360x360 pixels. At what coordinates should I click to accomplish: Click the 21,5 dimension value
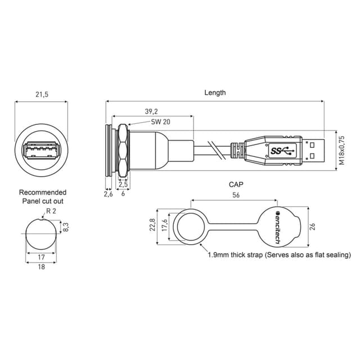click(42, 94)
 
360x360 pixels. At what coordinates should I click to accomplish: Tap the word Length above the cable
click(215, 93)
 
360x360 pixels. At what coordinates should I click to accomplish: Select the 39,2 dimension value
click(151, 111)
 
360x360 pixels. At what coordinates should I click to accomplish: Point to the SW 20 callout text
click(160, 121)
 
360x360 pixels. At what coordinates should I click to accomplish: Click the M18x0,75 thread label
click(342, 150)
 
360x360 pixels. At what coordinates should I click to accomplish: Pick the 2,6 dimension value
click(109, 194)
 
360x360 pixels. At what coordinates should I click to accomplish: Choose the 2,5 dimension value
click(123, 184)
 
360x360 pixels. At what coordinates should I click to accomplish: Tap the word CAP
click(236, 184)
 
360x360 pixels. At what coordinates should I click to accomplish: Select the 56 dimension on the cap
click(236, 195)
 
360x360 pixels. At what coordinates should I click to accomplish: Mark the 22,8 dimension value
click(152, 224)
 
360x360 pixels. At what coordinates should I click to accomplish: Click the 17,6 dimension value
click(164, 225)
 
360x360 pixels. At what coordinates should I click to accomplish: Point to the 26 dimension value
click(312, 227)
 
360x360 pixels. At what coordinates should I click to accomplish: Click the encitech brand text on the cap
click(277, 227)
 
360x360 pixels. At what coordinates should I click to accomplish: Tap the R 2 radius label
click(51, 211)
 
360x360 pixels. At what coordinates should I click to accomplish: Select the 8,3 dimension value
click(66, 227)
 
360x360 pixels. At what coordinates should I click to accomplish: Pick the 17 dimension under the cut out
click(41, 257)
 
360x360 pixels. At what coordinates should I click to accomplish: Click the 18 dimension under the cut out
click(41, 267)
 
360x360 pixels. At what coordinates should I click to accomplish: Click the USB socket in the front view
click(41, 150)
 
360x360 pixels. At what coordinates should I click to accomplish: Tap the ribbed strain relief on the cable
click(237, 151)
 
